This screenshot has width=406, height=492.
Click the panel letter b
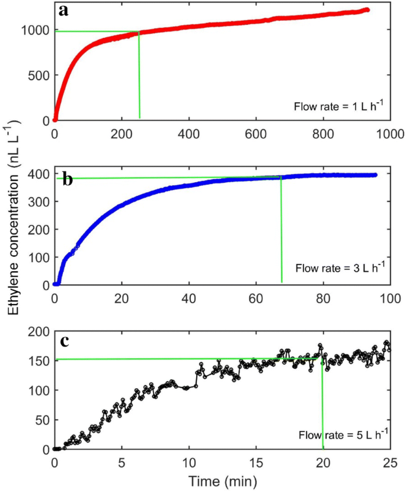[x=68, y=180]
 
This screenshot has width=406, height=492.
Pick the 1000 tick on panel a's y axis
[x=36, y=30]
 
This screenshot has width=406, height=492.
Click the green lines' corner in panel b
[x=280, y=177]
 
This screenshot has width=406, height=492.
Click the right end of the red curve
[x=367, y=9]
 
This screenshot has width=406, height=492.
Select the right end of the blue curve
[x=375, y=175]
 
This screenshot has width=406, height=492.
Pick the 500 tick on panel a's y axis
[x=39, y=75]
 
